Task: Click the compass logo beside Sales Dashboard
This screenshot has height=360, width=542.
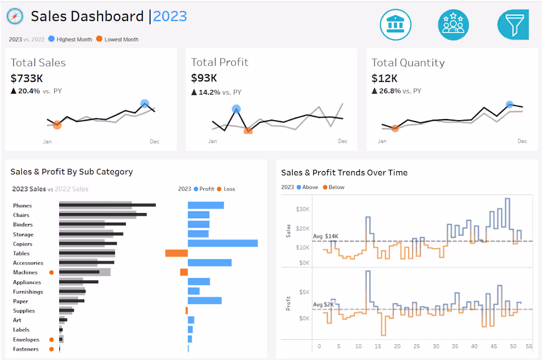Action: click(15, 17)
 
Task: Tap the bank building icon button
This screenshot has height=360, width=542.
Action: click(395, 25)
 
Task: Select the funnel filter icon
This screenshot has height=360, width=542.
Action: click(513, 25)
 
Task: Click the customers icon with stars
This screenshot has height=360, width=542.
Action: click(453, 25)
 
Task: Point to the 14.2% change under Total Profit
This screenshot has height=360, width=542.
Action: click(209, 92)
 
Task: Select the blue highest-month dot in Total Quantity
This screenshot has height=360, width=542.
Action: click(509, 104)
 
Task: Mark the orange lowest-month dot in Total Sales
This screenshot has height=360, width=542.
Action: click(57, 125)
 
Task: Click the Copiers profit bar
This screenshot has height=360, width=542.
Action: click(223, 243)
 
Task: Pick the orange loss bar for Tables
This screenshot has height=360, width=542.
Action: click(176, 253)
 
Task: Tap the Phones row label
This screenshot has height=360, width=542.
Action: click(22, 205)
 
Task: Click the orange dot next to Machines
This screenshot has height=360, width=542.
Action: click(51, 272)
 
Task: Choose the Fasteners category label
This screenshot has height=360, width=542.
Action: click(26, 349)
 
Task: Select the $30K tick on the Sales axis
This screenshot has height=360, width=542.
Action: click(302, 209)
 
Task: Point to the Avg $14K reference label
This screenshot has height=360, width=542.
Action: click(325, 236)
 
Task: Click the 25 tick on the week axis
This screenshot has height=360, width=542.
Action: click(417, 346)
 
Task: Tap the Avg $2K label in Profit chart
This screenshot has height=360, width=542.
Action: click(323, 304)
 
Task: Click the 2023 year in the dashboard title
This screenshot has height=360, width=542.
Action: click(170, 16)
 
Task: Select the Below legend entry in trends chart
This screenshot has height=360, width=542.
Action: click(334, 187)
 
